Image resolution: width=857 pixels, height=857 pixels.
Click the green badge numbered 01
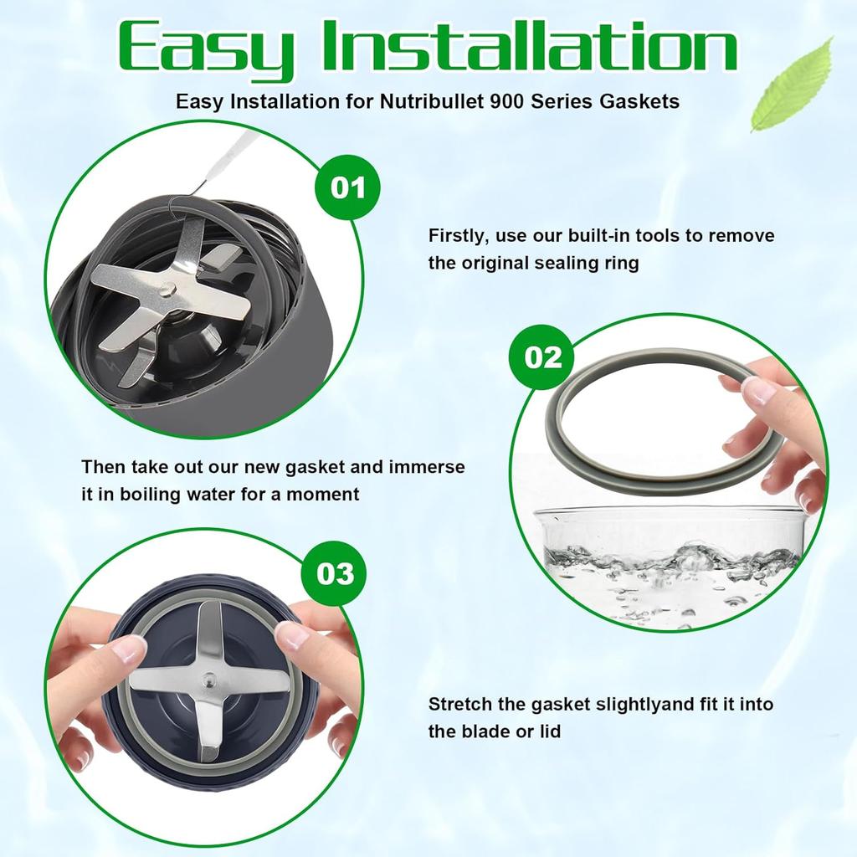click(347, 187)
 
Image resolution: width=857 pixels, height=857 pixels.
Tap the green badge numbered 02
click(542, 357)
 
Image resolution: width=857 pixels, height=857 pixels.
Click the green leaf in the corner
click(793, 85)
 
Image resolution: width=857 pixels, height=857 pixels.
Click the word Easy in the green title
click(207, 50)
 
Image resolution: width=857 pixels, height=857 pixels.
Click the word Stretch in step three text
click(460, 704)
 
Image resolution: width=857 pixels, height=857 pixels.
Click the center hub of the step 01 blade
click(169, 288)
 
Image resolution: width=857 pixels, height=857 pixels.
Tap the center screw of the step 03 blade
click(208, 680)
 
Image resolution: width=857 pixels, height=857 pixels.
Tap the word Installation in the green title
click(529, 46)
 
